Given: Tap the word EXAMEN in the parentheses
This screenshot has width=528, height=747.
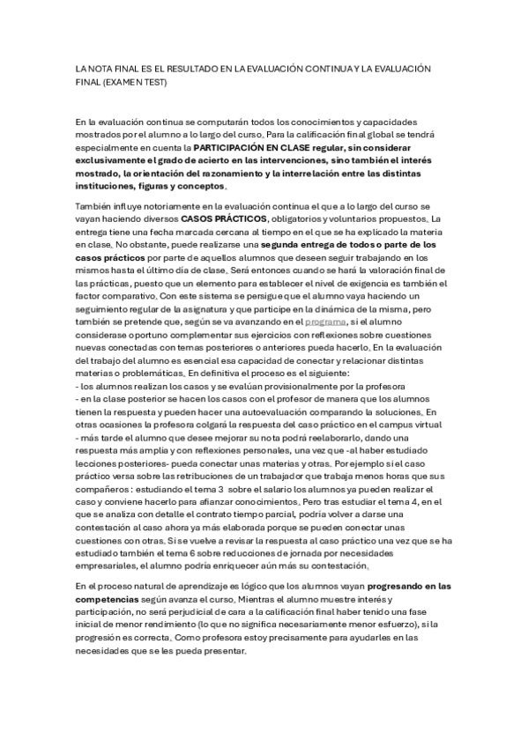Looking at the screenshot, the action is pyautogui.click(x=136, y=82).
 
